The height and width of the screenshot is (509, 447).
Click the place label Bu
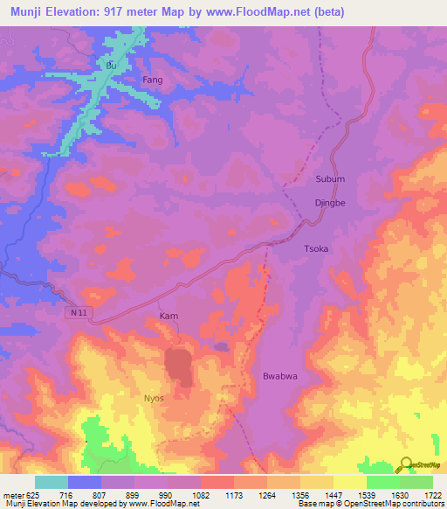pos(110,66)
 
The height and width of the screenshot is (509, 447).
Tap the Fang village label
pos(153,80)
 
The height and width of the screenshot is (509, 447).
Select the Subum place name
pos(330,179)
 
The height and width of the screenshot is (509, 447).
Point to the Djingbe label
pos(331,202)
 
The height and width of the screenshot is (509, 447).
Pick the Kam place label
pos(169,316)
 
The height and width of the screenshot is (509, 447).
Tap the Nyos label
pos(153,398)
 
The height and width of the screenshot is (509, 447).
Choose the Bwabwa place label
pos(281,377)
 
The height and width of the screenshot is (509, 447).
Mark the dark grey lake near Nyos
pos(180,365)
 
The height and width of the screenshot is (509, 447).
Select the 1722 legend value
pos(433,495)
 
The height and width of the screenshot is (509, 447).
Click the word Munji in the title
pos(28,12)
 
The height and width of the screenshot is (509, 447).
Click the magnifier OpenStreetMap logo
pos(406,464)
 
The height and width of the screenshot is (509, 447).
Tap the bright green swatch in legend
pos(383,482)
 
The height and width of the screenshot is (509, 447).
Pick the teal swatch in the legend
pos(52,482)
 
